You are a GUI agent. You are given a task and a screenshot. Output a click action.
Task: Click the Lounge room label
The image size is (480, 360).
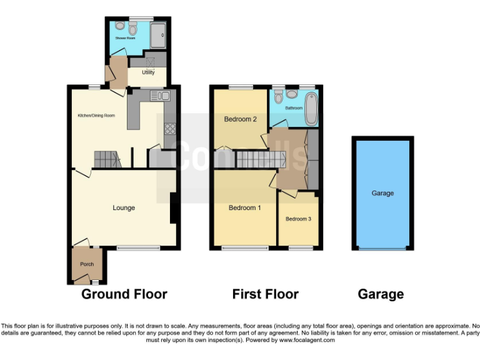(x=124, y=208)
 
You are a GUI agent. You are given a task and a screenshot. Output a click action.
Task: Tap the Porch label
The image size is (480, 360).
(x=87, y=264)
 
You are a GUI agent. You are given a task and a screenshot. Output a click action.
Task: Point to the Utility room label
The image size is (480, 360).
(x=148, y=72)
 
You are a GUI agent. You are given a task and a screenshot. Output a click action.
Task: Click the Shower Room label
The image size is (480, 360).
(x=125, y=38)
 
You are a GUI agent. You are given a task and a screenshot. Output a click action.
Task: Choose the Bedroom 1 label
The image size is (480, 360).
(x=244, y=208)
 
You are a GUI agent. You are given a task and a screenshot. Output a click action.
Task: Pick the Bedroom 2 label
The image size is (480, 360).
(x=241, y=119)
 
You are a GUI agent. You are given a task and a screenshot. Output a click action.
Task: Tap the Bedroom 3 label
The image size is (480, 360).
(x=298, y=219)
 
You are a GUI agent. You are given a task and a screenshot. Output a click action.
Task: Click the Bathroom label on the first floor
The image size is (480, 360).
(x=294, y=107)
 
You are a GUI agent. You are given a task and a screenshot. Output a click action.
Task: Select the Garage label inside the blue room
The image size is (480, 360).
(x=382, y=194)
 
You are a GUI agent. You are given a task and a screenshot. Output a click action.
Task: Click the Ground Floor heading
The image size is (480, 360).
(x=124, y=294)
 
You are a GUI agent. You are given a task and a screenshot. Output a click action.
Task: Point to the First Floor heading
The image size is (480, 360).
(x=265, y=294)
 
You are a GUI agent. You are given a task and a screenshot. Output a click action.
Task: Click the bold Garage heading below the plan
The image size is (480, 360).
(x=381, y=294)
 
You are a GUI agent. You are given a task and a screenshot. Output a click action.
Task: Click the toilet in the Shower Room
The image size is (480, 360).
(x=132, y=29)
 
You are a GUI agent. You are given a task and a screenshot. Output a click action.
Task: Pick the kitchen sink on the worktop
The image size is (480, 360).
(x=160, y=96)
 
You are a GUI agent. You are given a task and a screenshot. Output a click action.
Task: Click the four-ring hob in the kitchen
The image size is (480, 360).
(x=169, y=129)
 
